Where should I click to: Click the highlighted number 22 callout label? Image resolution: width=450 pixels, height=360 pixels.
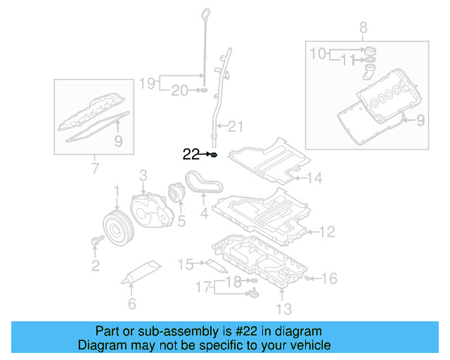pyautogui.click(x=191, y=155)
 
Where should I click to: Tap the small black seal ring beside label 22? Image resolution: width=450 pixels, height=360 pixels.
pyautogui.click(x=214, y=155)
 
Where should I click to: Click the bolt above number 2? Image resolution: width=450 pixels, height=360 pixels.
pyautogui.click(x=96, y=242)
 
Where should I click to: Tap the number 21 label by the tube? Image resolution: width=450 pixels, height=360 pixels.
pyautogui.click(x=235, y=127)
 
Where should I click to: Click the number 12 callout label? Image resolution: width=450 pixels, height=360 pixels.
pyautogui.click(x=327, y=231)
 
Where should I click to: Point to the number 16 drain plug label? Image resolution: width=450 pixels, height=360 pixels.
pyautogui.click(x=329, y=278)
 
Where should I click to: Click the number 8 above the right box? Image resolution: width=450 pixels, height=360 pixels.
pyautogui.click(x=363, y=29)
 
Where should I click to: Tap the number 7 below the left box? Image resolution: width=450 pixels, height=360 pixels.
pyautogui.click(x=94, y=169)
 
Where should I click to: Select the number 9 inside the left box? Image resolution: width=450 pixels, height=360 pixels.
pyautogui.click(x=119, y=141)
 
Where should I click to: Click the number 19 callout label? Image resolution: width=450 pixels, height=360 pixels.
pyautogui.click(x=146, y=84)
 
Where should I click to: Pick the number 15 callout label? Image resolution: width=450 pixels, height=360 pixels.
pyautogui.click(x=185, y=264)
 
